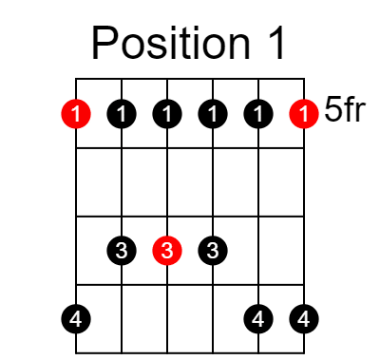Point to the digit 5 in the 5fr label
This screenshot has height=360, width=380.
point(332,110)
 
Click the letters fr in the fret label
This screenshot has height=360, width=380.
point(354,110)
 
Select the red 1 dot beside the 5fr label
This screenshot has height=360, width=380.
point(303,115)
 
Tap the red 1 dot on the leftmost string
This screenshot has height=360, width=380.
point(76,115)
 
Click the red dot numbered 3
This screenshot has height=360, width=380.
point(167,251)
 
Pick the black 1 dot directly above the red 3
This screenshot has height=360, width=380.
point(167,115)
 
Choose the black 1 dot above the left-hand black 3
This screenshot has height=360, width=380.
point(122,115)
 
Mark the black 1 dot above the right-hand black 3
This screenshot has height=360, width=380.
point(213,115)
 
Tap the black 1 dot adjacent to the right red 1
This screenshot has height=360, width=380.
point(257,115)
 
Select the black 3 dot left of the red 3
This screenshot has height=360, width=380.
point(122,251)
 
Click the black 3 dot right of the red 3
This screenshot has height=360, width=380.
point(213,251)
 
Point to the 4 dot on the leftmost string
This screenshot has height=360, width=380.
point(76,318)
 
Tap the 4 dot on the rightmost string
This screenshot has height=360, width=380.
point(303,318)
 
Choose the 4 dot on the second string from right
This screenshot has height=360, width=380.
point(257,318)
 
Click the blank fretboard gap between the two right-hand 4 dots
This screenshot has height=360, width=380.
point(280,318)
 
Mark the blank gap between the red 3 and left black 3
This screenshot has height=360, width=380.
point(144,251)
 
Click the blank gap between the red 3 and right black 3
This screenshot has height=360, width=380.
point(190,251)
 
